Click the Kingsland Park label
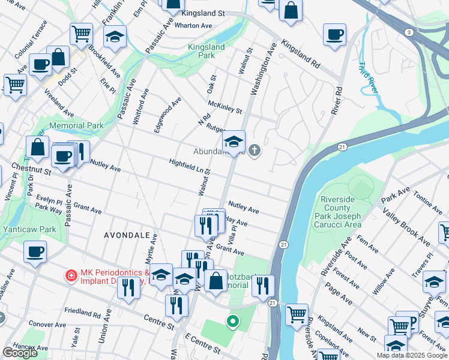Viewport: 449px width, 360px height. click(x=206, y=51)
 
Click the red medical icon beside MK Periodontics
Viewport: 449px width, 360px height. click(x=71, y=275)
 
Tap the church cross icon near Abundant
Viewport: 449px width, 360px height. click(x=255, y=150)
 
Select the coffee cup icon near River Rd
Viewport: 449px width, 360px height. click(x=334, y=35)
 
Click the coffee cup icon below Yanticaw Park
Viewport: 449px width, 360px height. click(x=35, y=251)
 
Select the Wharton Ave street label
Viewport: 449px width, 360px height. click(x=193, y=26)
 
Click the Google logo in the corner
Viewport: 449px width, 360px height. click(x=20, y=353)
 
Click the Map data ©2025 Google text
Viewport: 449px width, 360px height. click(x=411, y=355)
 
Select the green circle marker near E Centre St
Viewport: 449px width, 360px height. click(x=233, y=322)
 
